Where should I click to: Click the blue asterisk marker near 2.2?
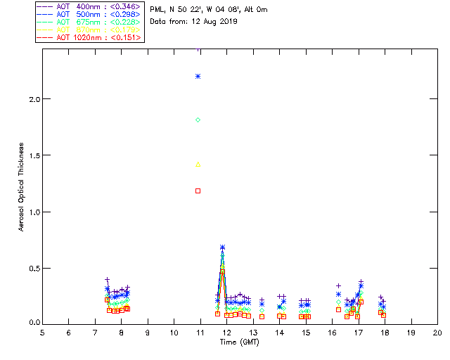[198, 76]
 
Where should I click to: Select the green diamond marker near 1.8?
[198, 120]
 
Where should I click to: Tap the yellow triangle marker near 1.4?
[198, 165]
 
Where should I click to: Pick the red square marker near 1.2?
[198, 191]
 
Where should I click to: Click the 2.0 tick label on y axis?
[32, 99]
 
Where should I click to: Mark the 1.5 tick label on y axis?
[32, 155]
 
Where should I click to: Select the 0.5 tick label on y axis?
[32, 268]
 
